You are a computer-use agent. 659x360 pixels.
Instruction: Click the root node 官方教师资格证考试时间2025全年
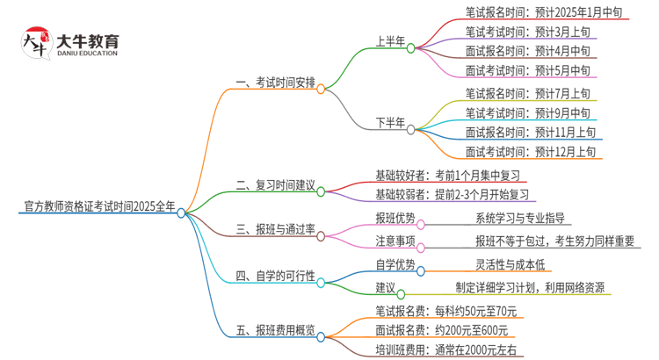pos(99,207)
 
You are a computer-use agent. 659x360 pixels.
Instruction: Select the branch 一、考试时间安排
pos(276,84)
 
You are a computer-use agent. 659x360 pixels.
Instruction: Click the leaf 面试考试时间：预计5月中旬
pos(527,70)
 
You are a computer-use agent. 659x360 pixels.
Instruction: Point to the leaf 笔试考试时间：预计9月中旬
pos(527,112)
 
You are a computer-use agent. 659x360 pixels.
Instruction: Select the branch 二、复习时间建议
pos(276,186)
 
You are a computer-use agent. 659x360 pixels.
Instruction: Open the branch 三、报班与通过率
pos(276,233)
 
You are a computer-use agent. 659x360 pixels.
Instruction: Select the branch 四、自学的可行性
pos(276,277)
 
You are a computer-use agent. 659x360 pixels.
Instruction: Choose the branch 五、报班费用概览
pos(276,332)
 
